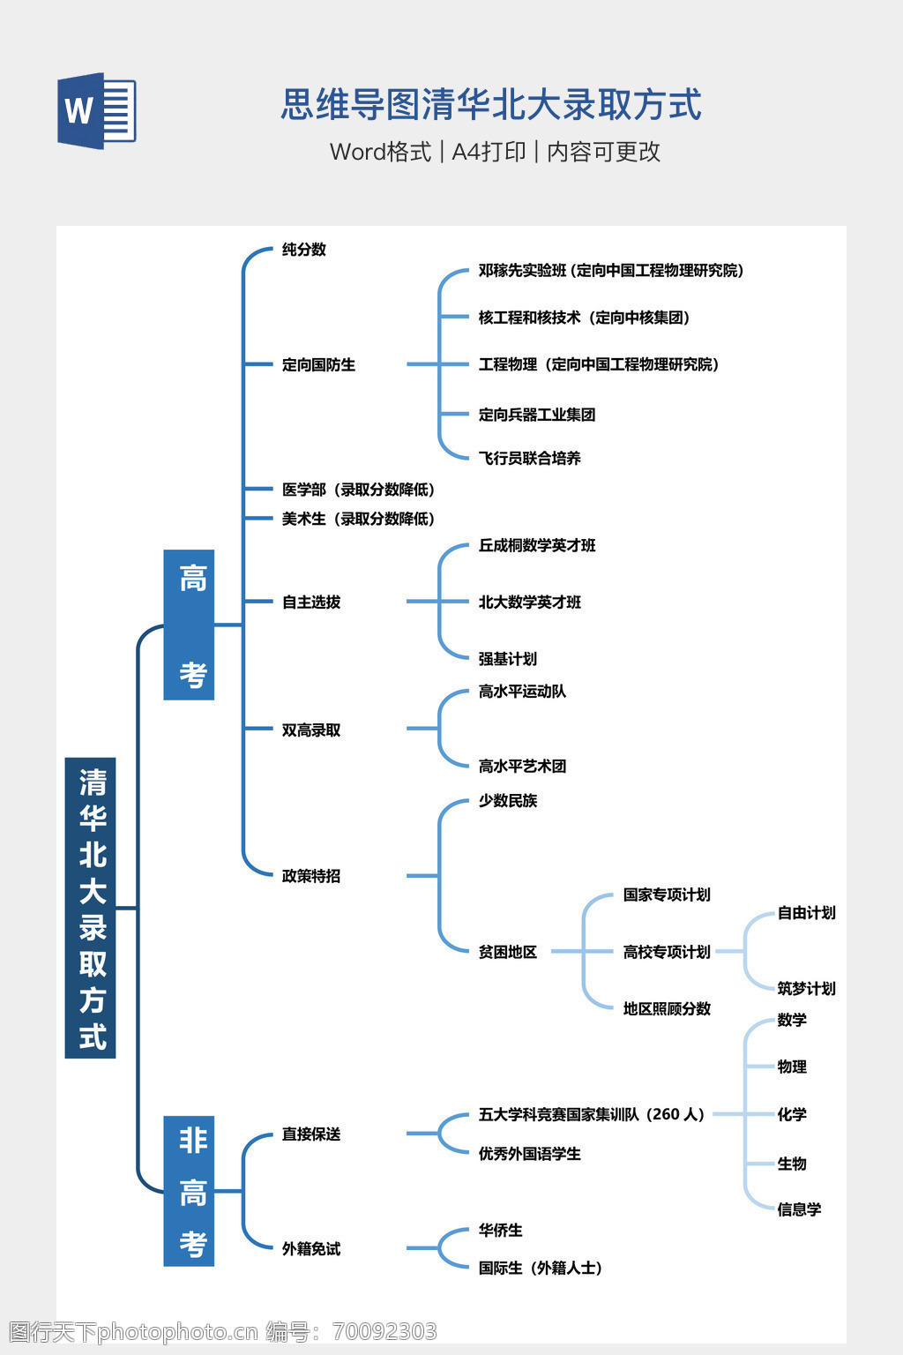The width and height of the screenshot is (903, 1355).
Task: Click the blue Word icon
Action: (x=96, y=110)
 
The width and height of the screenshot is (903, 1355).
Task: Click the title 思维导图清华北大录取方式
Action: (x=491, y=105)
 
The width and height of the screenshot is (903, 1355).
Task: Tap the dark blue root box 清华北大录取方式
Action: (x=91, y=908)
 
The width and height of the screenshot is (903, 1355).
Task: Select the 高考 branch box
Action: (x=190, y=625)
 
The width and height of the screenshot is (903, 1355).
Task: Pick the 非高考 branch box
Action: (x=190, y=1191)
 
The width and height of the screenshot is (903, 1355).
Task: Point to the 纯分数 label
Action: (x=304, y=250)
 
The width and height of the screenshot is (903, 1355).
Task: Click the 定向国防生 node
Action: (x=318, y=364)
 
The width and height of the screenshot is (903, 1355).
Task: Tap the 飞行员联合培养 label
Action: (x=529, y=458)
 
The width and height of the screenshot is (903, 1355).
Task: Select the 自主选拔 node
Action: (x=311, y=603)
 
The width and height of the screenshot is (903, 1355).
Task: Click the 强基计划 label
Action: (x=507, y=659)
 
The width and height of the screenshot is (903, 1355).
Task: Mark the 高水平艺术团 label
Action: (x=522, y=767)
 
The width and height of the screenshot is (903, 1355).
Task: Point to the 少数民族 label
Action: (x=507, y=801)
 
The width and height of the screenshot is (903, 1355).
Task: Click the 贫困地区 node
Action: (x=507, y=952)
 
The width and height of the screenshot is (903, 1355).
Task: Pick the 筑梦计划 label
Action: (x=806, y=989)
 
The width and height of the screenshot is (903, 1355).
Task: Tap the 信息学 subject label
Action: (x=799, y=1209)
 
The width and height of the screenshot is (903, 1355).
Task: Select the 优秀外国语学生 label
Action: (x=529, y=1154)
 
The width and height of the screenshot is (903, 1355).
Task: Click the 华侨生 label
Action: (x=500, y=1231)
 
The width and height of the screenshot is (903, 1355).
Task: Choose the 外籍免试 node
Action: (x=311, y=1249)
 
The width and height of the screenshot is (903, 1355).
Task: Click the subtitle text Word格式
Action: (x=381, y=152)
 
